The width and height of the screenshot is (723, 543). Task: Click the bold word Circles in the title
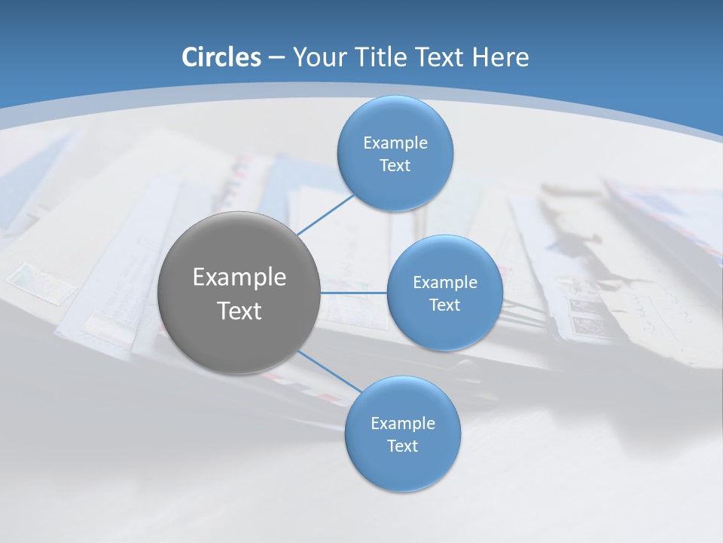(221, 57)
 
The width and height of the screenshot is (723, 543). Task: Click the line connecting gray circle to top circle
(325, 214)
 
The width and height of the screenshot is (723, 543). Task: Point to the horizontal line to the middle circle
(353, 293)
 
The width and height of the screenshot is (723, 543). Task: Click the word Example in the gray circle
(239, 278)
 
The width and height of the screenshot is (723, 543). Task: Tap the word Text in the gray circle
(239, 311)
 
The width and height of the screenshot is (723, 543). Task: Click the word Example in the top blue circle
(395, 143)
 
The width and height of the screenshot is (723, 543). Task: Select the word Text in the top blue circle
(395, 166)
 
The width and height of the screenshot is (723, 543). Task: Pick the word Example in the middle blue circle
(444, 283)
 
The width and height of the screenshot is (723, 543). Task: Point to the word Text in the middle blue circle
(444, 305)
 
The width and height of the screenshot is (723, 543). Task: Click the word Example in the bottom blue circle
(402, 424)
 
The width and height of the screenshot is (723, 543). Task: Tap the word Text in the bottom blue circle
(402, 446)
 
